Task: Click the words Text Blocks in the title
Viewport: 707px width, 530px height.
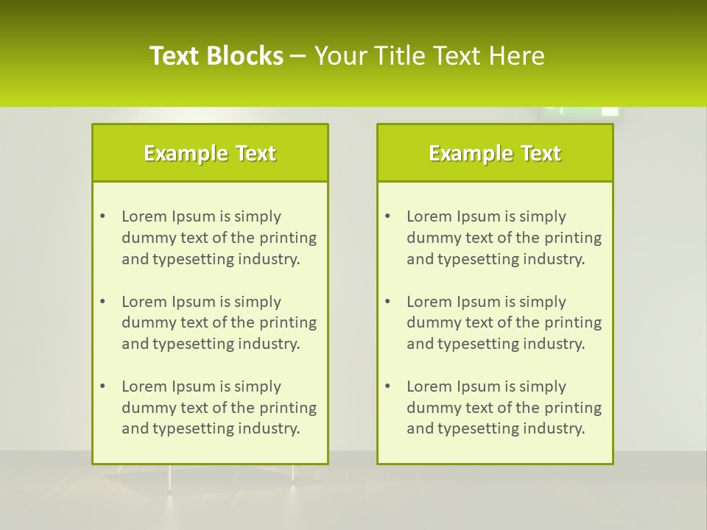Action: (217, 56)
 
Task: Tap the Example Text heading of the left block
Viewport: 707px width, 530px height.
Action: (210, 153)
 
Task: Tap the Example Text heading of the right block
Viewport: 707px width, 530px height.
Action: (495, 153)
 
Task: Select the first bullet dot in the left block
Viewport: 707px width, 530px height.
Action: (102, 216)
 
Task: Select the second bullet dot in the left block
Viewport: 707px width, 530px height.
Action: (102, 302)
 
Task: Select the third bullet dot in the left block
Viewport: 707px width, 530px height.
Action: (102, 386)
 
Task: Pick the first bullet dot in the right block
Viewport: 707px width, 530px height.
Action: (387, 216)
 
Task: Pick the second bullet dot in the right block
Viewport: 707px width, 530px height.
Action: (387, 302)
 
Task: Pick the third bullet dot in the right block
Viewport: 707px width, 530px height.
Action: (387, 386)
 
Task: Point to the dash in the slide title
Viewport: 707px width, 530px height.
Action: (298, 57)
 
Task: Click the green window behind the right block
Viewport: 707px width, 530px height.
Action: (579, 113)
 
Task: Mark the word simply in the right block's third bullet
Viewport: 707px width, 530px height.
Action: (543, 386)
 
